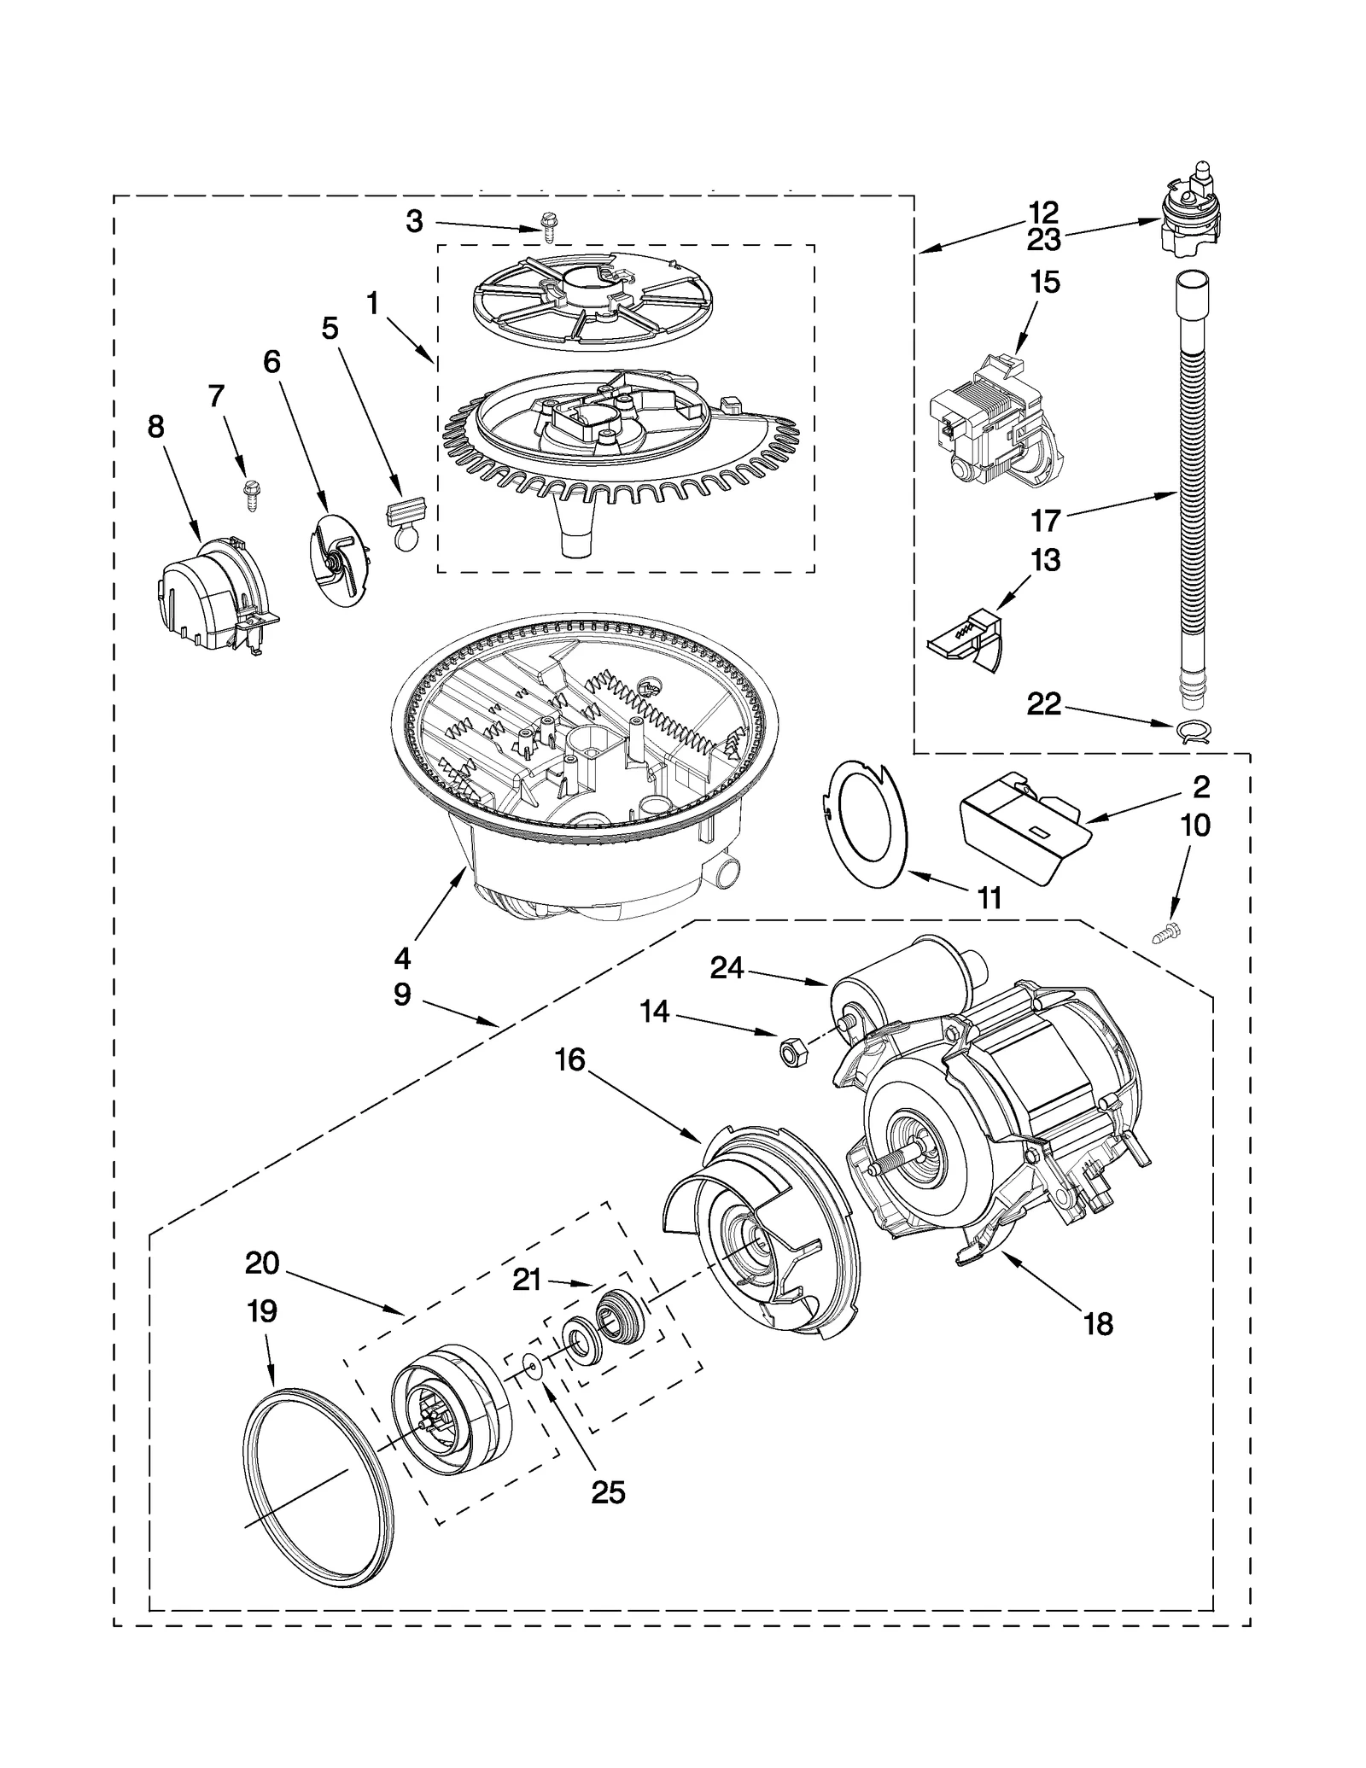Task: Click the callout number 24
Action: coord(727,968)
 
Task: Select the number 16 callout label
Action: coord(569,1060)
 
